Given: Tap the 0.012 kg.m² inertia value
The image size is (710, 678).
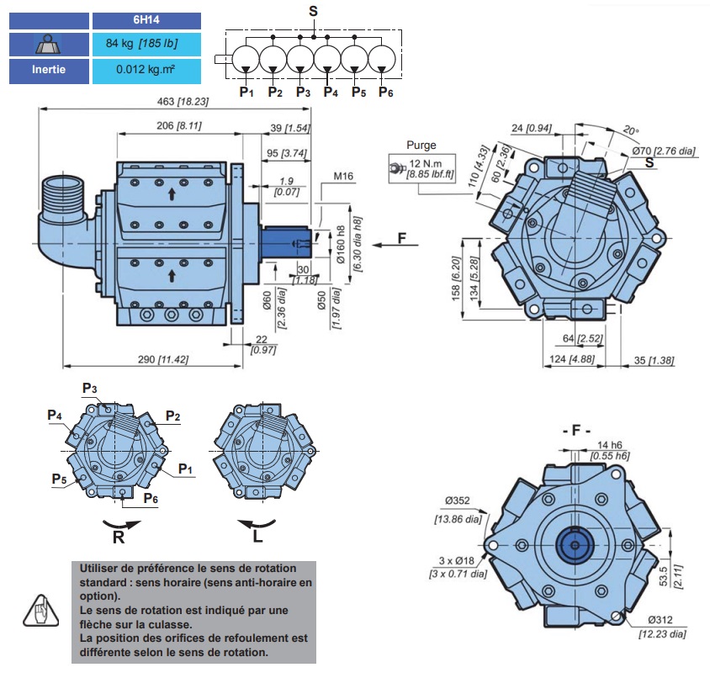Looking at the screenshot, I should [x=146, y=70].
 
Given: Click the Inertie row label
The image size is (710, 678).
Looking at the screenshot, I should [x=49, y=70].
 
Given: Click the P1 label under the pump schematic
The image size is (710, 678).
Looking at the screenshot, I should [x=246, y=92].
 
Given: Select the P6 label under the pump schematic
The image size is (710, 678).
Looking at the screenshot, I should [x=385, y=92].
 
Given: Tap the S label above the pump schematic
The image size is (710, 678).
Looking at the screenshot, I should [x=314, y=12].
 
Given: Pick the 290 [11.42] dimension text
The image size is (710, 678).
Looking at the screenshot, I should [x=163, y=359].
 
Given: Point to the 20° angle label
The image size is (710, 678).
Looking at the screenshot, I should [x=631, y=131].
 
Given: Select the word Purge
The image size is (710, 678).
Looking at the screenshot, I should [x=421, y=145].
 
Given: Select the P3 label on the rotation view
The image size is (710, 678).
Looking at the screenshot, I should [x=90, y=388].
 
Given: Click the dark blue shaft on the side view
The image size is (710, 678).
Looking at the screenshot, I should [x=287, y=242].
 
